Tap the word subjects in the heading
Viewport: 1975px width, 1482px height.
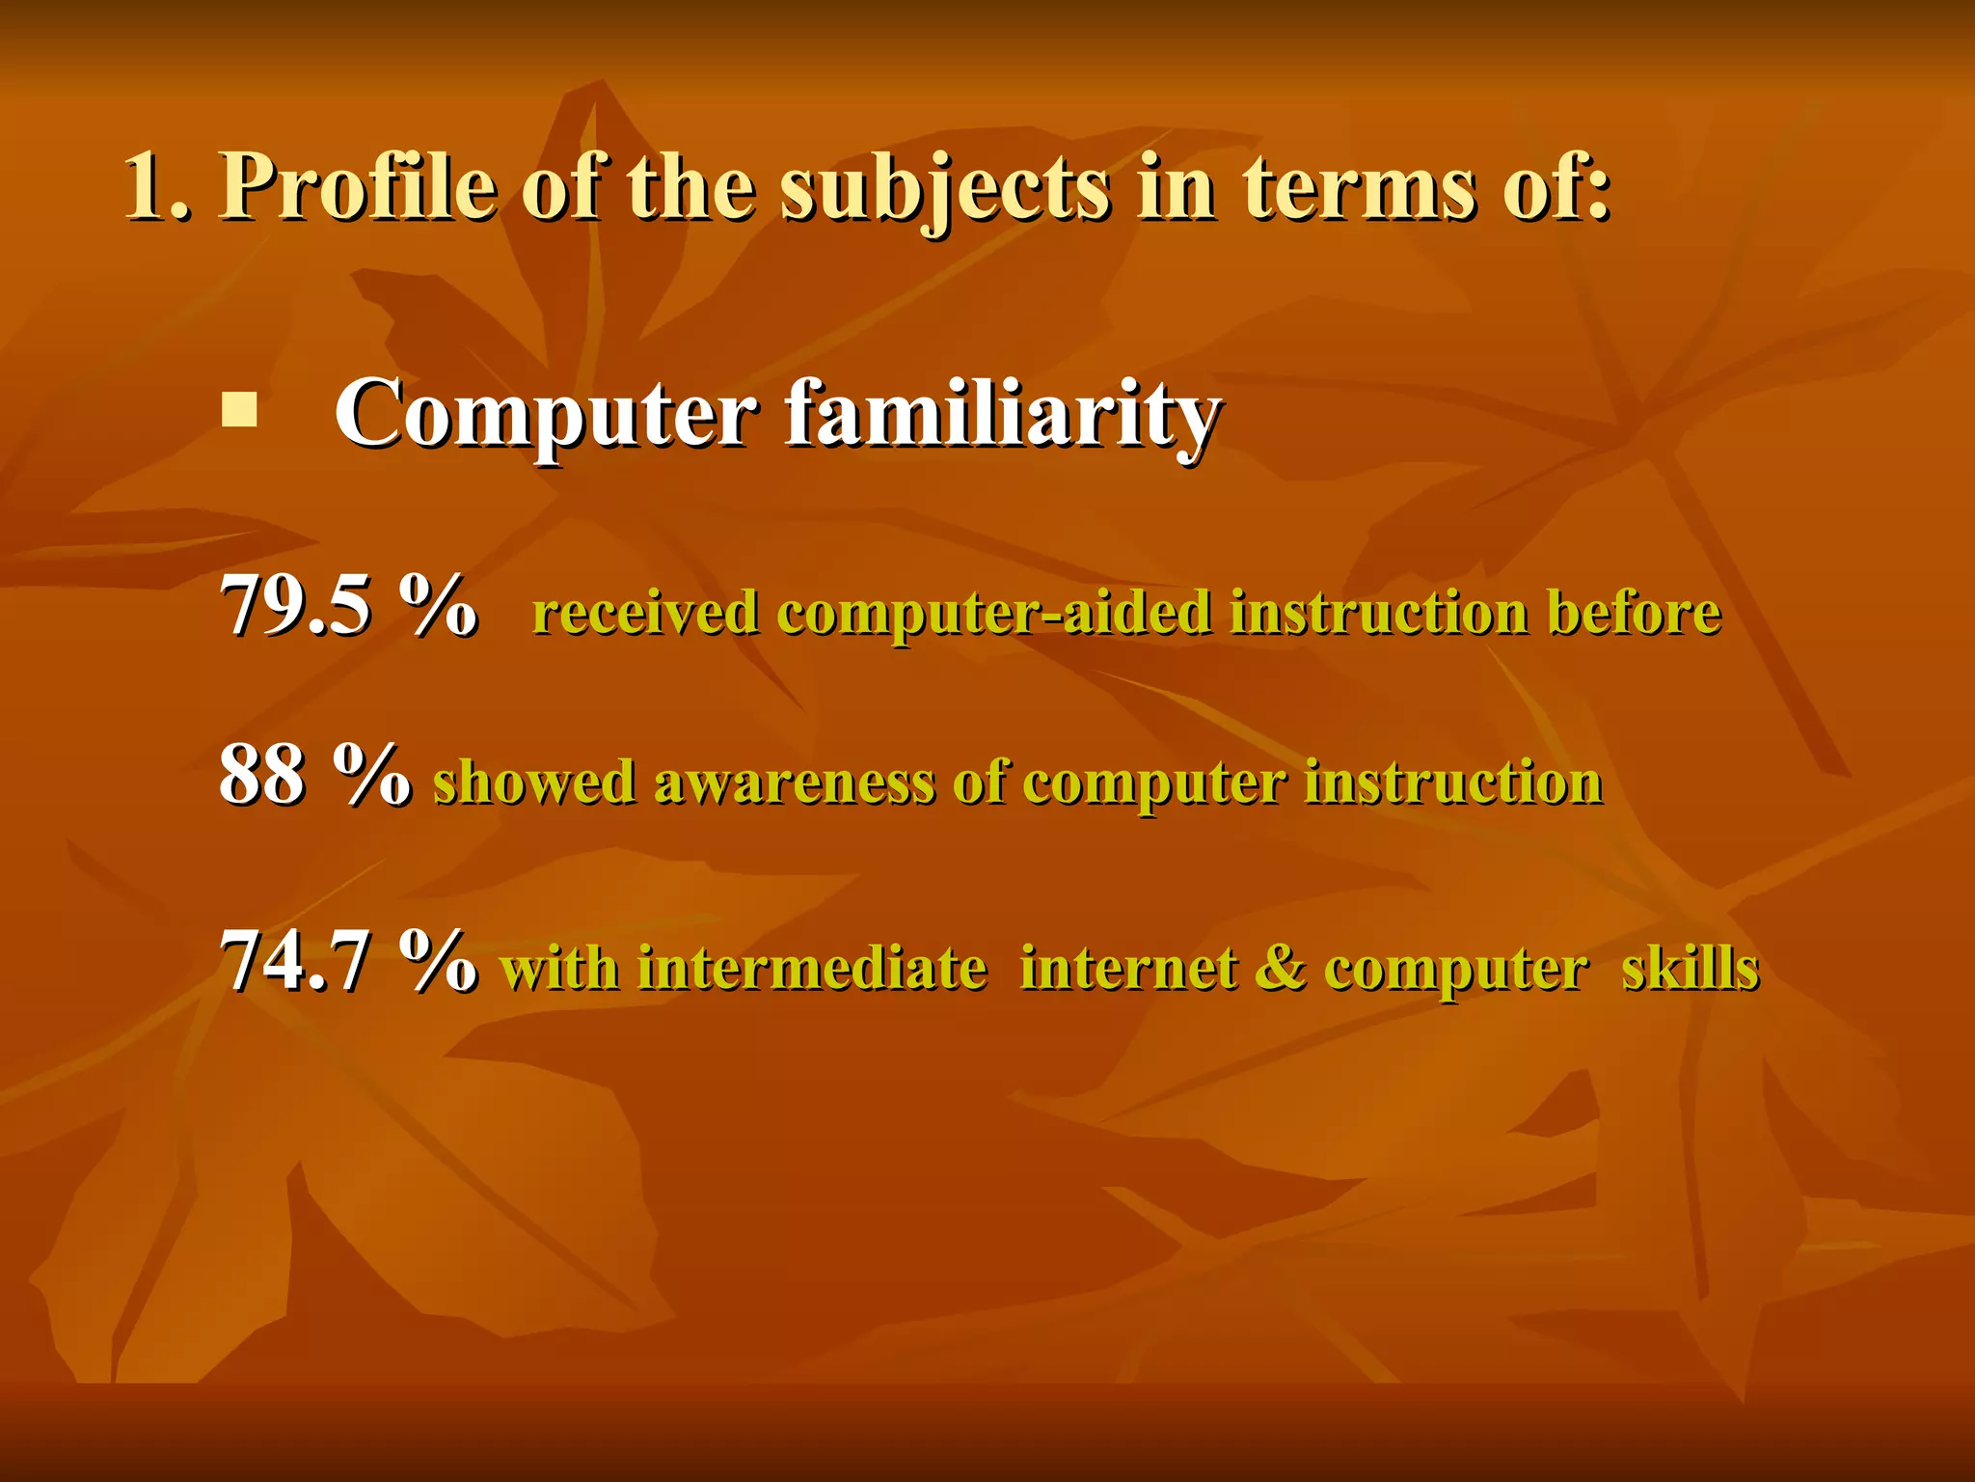coord(944,189)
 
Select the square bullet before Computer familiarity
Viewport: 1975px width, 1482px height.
coord(239,410)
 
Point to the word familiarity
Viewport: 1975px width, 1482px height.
coord(1003,415)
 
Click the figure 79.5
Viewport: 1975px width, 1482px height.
coord(295,606)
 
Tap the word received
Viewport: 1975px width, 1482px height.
coord(644,614)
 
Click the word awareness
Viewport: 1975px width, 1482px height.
coord(795,782)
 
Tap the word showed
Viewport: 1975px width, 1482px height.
coord(533,782)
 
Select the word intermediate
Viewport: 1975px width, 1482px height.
coord(812,968)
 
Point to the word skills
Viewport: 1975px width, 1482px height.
coord(1691,968)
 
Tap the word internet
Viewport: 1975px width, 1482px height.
coord(1128,968)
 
